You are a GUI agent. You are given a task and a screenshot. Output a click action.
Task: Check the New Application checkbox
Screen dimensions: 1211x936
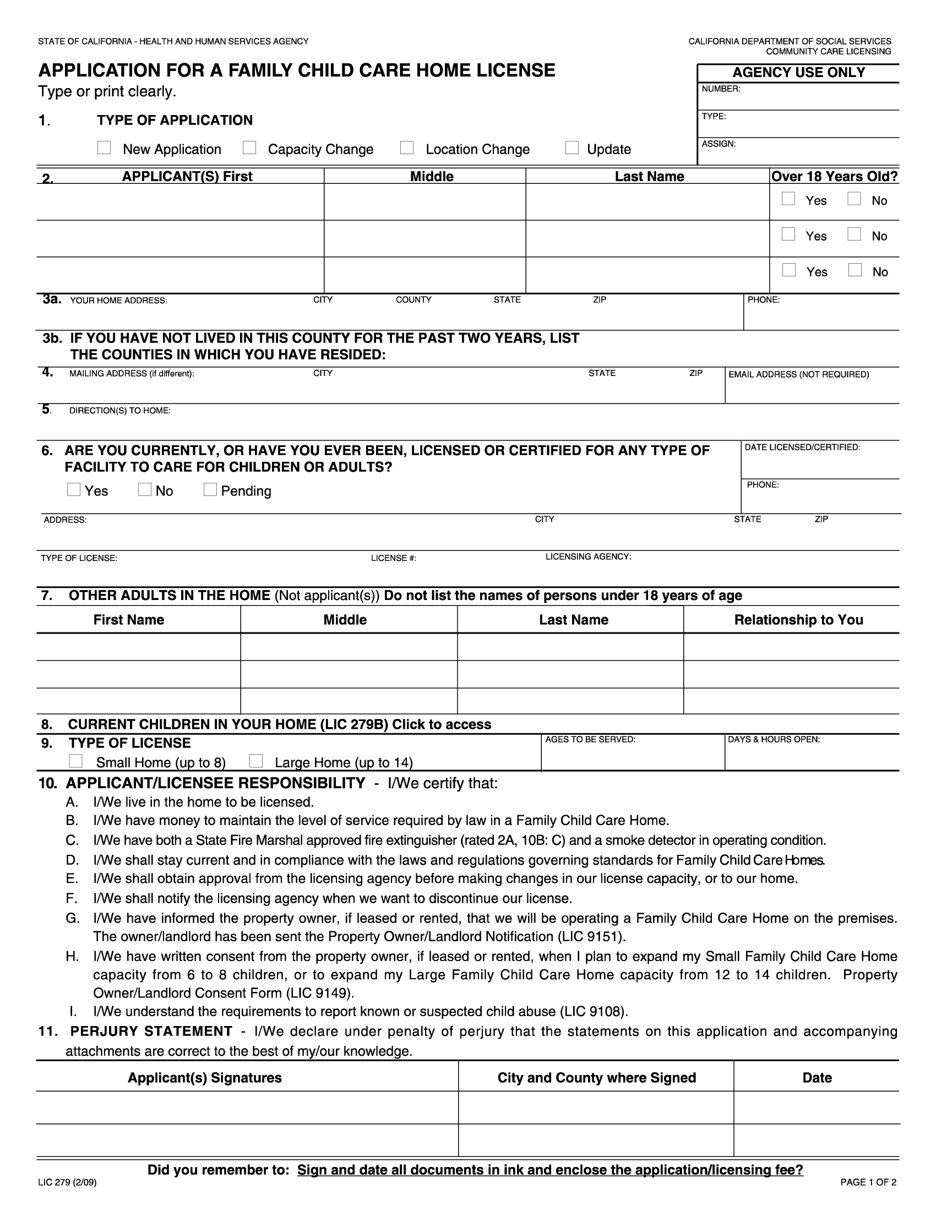click(x=104, y=148)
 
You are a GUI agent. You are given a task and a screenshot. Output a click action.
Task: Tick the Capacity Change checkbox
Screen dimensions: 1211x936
click(x=249, y=148)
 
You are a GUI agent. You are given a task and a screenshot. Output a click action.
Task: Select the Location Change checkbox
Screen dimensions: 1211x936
click(x=407, y=148)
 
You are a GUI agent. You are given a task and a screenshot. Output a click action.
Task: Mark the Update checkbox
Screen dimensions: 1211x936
click(x=572, y=148)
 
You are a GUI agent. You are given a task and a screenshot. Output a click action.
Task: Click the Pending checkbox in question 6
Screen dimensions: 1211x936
click(x=210, y=489)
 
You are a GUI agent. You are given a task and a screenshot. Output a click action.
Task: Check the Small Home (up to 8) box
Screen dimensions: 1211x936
click(x=76, y=761)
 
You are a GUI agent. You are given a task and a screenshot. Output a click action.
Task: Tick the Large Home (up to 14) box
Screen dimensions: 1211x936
click(x=255, y=761)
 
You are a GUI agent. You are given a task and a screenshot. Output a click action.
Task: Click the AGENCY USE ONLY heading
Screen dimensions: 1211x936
click(x=798, y=73)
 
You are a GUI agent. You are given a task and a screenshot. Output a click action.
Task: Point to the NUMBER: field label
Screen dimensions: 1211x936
click(x=721, y=89)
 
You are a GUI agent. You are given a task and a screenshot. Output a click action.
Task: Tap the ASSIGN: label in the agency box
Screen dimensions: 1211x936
click(x=719, y=144)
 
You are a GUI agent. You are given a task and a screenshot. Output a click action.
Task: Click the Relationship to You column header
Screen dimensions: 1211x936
click(x=798, y=620)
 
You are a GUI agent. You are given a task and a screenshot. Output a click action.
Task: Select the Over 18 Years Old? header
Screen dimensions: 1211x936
click(x=835, y=176)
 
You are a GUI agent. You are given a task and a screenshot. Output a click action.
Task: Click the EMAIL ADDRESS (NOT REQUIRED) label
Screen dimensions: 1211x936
click(x=798, y=375)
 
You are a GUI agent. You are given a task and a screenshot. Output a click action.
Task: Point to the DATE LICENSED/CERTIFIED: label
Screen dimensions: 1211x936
click(x=802, y=448)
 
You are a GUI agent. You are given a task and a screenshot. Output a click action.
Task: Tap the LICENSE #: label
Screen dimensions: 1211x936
click(x=394, y=558)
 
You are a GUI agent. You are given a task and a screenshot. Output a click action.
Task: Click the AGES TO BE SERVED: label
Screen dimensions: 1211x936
click(x=590, y=740)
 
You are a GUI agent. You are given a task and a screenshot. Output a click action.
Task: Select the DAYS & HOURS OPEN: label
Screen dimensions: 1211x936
click(x=774, y=740)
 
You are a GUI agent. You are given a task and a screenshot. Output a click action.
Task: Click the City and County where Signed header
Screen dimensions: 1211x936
click(x=597, y=1078)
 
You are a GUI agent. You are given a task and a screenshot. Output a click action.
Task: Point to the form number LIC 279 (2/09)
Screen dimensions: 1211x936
click(x=67, y=1198)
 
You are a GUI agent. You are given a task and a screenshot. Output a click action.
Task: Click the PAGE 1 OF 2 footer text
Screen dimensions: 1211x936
click(x=868, y=1198)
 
